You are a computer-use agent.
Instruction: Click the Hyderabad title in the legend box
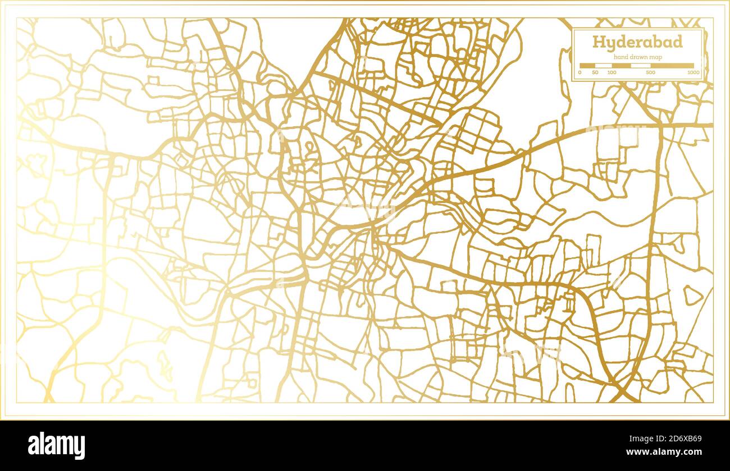click(x=637, y=43)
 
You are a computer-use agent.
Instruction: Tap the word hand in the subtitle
click(x=620, y=57)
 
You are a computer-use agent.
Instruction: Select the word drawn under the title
click(x=638, y=57)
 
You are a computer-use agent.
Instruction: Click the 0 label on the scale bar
click(x=580, y=73)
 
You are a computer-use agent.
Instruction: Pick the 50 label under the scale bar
click(x=595, y=73)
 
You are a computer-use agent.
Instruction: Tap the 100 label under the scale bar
click(x=612, y=73)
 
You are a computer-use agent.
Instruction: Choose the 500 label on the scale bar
click(x=650, y=73)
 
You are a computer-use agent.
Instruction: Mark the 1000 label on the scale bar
click(x=693, y=73)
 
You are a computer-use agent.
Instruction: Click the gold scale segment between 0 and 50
click(x=587, y=66)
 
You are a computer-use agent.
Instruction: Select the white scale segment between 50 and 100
click(x=604, y=66)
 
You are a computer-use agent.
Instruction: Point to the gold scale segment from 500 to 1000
click(x=672, y=66)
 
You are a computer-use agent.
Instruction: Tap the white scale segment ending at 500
click(x=640, y=66)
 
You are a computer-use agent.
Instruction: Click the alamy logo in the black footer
click(x=56, y=446)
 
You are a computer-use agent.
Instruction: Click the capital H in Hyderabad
click(x=597, y=43)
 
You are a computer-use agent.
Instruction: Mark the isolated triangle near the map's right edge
click(x=692, y=295)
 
